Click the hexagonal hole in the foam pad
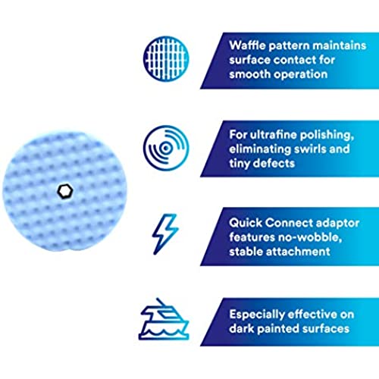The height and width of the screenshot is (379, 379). tap(65, 191)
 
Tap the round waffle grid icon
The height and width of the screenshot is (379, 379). tap(166, 58)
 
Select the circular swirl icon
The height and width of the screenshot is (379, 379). tap(166, 148)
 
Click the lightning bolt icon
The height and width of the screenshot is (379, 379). tap(165, 234)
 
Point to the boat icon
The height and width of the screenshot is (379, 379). tap(164, 319)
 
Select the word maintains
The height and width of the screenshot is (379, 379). tap(340, 45)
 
